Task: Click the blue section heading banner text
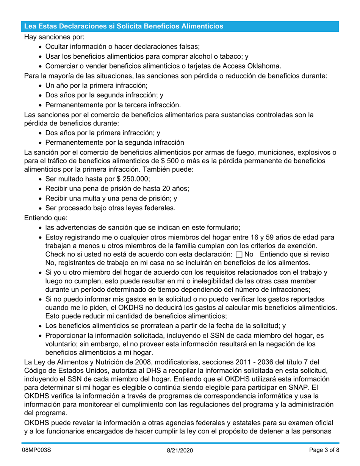pyautogui.click(x=124, y=26)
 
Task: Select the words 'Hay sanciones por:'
pyautogui.click(x=54, y=37)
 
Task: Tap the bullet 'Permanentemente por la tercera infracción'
pyautogui.click(x=113, y=105)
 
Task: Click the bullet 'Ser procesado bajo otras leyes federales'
pyautogui.click(x=110, y=208)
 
